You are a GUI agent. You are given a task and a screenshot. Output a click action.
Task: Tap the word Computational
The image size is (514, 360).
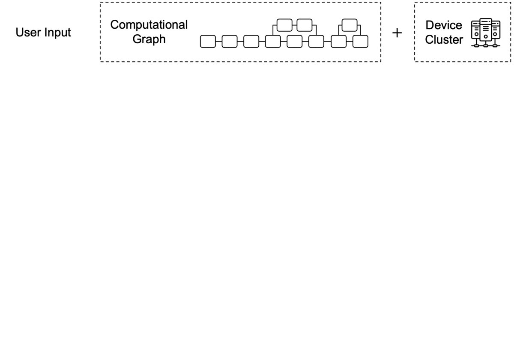coord(149,24)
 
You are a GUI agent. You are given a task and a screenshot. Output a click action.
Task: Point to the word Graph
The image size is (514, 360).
coord(149,39)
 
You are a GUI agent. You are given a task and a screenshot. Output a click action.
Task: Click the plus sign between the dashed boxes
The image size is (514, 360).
coord(397,33)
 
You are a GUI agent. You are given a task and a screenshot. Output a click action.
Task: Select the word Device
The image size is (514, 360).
coord(444,25)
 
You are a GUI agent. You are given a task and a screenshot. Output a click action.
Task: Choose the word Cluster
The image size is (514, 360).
coord(444,39)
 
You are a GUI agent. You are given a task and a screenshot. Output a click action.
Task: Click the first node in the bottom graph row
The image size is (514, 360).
coord(208,42)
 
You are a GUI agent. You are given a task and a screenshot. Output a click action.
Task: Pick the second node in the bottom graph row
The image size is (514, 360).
coord(229,42)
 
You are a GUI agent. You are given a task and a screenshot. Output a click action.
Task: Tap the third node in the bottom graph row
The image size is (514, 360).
coord(251,42)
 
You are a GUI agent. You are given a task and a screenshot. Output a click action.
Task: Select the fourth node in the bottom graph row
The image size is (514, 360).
coord(273,42)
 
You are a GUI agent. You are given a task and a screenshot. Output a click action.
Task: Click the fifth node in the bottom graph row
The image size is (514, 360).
coord(295,42)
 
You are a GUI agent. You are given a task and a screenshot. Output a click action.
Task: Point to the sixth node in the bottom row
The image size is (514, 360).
coord(317,42)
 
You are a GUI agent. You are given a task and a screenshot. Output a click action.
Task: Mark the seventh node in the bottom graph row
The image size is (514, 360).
coord(339,42)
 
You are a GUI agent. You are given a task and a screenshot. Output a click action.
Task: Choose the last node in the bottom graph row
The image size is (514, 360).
coord(360,42)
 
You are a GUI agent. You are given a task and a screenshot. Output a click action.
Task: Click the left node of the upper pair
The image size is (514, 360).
coord(284,25)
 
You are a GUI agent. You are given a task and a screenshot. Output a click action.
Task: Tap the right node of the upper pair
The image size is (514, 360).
coord(305,25)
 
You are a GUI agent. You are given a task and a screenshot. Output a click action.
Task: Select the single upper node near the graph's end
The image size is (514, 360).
coord(350,25)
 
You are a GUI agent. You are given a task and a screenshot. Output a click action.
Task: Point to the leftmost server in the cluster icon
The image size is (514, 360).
coord(476,33)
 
